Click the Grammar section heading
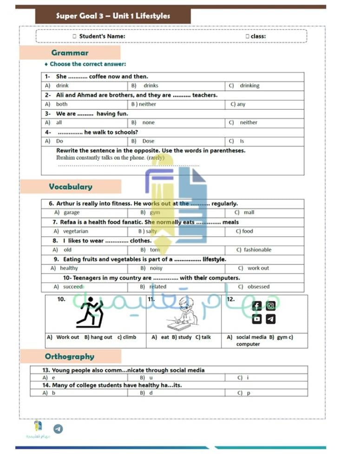pyautogui.click(x=70, y=53)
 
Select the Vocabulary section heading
pyautogui.click(x=71, y=186)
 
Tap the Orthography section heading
pyautogui.click(x=69, y=357)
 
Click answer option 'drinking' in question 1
pyautogui.click(x=249, y=86)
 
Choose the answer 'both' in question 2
pyautogui.click(x=62, y=104)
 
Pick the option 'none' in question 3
pyautogui.click(x=149, y=122)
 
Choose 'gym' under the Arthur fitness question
pyautogui.click(x=155, y=213)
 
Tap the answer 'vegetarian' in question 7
pyautogui.click(x=75, y=231)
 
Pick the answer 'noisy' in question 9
pyautogui.click(x=156, y=268)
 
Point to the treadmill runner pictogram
pyautogui.click(x=90, y=313)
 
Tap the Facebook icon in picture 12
pyautogui.click(x=257, y=306)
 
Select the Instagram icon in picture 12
pyautogui.click(x=271, y=306)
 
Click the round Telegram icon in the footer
pyautogui.click(x=58, y=429)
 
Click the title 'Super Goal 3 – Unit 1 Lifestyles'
pyautogui.click(x=113, y=16)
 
